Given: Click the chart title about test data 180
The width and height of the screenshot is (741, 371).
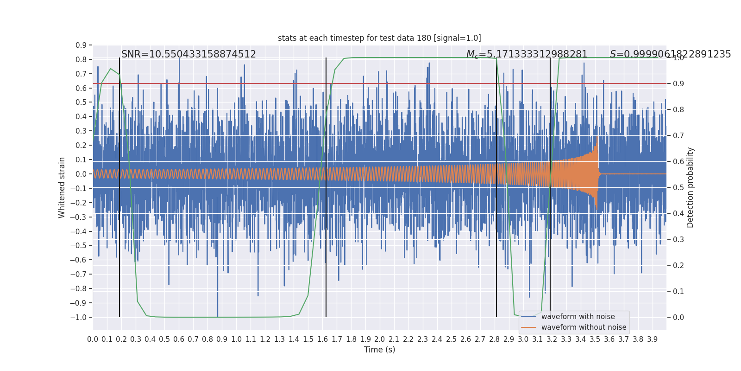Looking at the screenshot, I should pyautogui.click(x=379, y=38).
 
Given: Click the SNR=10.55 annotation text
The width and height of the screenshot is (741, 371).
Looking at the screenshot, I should pyautogui.click(x=188, y=54).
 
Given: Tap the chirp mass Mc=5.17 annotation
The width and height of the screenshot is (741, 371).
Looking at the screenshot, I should pyautogui.click(x=527, y=54).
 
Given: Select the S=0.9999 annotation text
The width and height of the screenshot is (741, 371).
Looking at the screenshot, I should pyautogui.click(x=670, y=54).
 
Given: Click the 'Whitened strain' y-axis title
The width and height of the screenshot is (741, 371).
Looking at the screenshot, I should pyautogui.click(x=62, y=187).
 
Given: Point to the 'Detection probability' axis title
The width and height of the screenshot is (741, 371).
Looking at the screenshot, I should pyautogui.click(x=691, y=187).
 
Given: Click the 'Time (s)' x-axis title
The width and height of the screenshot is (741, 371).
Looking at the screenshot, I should pyautogui.click(x=379, y=350).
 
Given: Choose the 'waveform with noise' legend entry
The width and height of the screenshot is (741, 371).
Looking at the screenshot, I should pyautogui.click(x=578, y=317).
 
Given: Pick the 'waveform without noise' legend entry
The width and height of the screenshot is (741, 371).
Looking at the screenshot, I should pyautogui.click(x=584, y=327).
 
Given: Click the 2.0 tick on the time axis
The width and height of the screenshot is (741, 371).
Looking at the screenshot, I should pyautogui.click(x=379, y=339).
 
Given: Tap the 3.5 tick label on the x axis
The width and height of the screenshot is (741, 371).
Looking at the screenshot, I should pyautogui.click(x=595, y=339).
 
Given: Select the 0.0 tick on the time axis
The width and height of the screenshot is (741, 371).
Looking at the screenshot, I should pyautogui.click(x=93, y=339).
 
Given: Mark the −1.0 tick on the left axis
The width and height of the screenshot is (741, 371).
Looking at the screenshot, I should pyautogui.click(x=81, y=317).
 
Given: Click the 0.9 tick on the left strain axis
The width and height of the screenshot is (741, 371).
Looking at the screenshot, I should pyautogui.click(x=81, y=45).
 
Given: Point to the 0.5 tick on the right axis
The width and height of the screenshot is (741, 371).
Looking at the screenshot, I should pyautogui.click(x=678, y=187).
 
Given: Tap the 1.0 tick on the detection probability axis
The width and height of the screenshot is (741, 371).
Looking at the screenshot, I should pyautogui.click(x=678, y=58).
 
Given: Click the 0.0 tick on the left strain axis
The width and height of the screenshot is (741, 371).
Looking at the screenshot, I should pyautogui.click(x=81, y=174).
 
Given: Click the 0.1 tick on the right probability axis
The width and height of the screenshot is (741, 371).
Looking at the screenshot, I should pyautogui.click(x=678, y=291).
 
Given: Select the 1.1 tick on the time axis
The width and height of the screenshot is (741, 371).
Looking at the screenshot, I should pyautogui.click(x=251, y=339).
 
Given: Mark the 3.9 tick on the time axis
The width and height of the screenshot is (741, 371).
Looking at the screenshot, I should pyautogui.click(x=652, y=339).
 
